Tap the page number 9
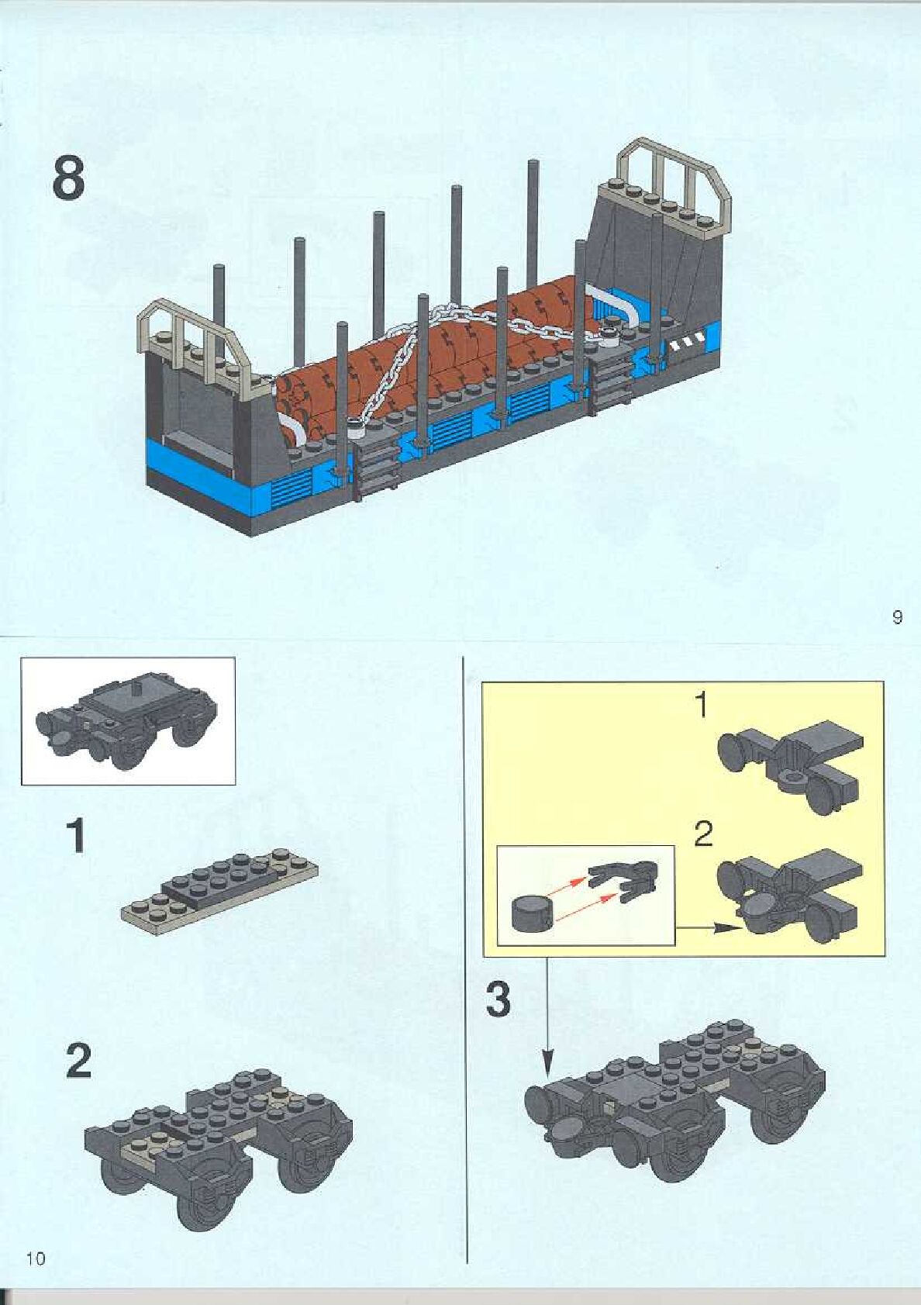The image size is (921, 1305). click(897, 618)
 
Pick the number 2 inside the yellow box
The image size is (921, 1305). click(702, 834)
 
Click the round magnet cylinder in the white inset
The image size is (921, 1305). click(533, 913)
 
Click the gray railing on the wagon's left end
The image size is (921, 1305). click(194, 334)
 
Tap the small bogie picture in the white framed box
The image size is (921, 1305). click(128, 722)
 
